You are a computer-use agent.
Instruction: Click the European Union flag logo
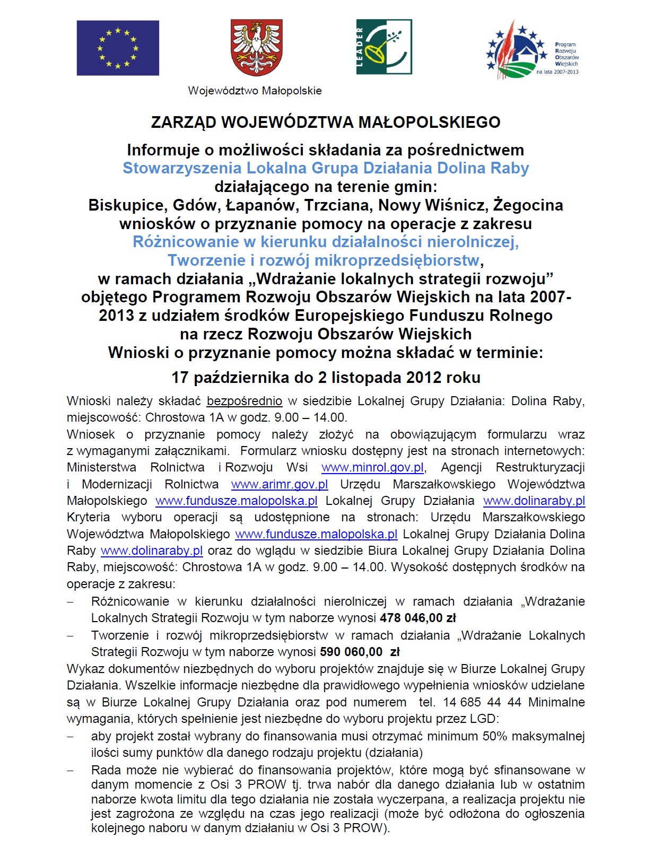click(118, 48)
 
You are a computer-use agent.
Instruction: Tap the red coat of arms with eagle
click(257, 48)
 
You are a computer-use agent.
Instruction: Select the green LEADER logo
click(384, 47)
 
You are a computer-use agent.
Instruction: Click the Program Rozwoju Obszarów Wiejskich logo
click(533, 50)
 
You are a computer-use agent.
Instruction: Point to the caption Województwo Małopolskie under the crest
click(255, 91)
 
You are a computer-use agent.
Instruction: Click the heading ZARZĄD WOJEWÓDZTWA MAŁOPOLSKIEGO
click(326, 123)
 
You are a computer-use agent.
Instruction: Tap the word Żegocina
click(528, 205)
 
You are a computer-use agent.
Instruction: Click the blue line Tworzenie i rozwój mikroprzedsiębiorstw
click(323, 260)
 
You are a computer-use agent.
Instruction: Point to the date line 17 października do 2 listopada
click(326, 378)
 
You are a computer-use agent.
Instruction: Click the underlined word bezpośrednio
click(244, 401)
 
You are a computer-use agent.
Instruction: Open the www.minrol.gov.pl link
click(372, 468)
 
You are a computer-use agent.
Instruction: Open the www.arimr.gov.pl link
click(280, 484)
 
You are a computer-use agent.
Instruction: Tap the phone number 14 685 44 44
click(482, 702)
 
